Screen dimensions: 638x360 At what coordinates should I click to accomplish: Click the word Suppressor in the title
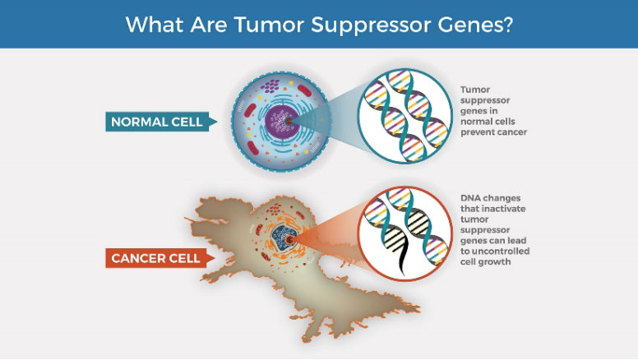click(371, 25)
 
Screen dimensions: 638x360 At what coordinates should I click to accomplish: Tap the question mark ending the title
click(506, 25)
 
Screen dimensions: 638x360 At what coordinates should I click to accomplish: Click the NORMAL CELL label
click(157, 122)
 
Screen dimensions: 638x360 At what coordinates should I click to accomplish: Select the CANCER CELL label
click(155, 258)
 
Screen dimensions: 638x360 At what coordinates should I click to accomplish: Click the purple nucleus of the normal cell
click(281, 121)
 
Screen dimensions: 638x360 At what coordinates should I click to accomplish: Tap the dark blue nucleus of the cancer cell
click(283, 238)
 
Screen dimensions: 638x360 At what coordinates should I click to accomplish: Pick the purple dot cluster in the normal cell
click(270, 85)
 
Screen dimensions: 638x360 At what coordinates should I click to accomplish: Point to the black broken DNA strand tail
click(402, 261)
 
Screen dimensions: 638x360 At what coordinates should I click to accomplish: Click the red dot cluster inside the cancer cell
click(275, 209)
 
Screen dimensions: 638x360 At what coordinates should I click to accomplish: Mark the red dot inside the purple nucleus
click(289, 121)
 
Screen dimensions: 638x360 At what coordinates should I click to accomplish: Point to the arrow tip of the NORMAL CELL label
click(217, 121)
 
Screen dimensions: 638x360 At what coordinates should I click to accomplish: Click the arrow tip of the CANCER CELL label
click(215, 258)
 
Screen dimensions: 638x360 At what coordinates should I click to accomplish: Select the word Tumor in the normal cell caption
click(475, 90)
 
